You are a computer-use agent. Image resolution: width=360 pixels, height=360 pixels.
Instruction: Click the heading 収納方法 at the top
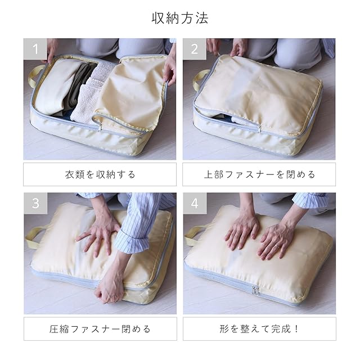(180, 18)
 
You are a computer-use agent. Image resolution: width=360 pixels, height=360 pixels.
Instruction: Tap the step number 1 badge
(35, 49)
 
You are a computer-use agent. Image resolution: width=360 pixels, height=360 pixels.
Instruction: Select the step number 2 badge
(194, 49)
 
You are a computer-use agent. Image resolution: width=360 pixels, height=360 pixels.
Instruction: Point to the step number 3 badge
(35, 203)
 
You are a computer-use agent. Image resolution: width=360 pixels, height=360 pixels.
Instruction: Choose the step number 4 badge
(195, 203)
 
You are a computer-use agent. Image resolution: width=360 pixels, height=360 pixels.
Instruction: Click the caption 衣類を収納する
(100, 174)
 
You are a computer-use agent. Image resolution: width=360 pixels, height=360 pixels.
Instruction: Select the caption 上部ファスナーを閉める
(259, 174)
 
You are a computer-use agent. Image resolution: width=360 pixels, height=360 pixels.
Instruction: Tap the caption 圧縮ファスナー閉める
(100, 329)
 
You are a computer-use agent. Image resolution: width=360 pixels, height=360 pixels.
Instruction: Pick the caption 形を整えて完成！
(259, 329)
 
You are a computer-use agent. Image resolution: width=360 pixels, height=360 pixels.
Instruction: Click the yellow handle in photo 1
(34, 76)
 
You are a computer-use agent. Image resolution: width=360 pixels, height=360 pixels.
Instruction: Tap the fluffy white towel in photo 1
(87, 96)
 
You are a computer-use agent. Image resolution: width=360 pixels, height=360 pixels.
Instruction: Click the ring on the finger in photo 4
(277, 246)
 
